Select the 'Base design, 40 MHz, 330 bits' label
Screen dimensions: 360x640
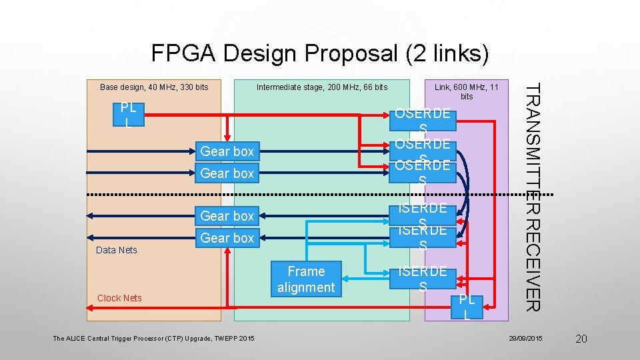coord(154,87)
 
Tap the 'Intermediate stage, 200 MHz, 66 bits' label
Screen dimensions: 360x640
coord(322,87)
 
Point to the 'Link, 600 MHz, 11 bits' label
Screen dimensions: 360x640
coord(466,92)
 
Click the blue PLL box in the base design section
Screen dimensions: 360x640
coord(128,115)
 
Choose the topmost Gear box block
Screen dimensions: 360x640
coord(227,152)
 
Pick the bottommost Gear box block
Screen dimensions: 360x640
coord(227,238)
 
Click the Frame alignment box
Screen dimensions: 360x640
coord(306,279)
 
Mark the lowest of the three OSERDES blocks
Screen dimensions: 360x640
coord(423,172)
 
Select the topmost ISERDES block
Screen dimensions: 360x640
coord(423,215)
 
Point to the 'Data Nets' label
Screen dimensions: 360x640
coord(117,251)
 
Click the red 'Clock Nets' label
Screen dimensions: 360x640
coord(119,298)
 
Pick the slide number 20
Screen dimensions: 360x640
coord(581,339)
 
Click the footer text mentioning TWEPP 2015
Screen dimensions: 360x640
coord(153,339)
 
